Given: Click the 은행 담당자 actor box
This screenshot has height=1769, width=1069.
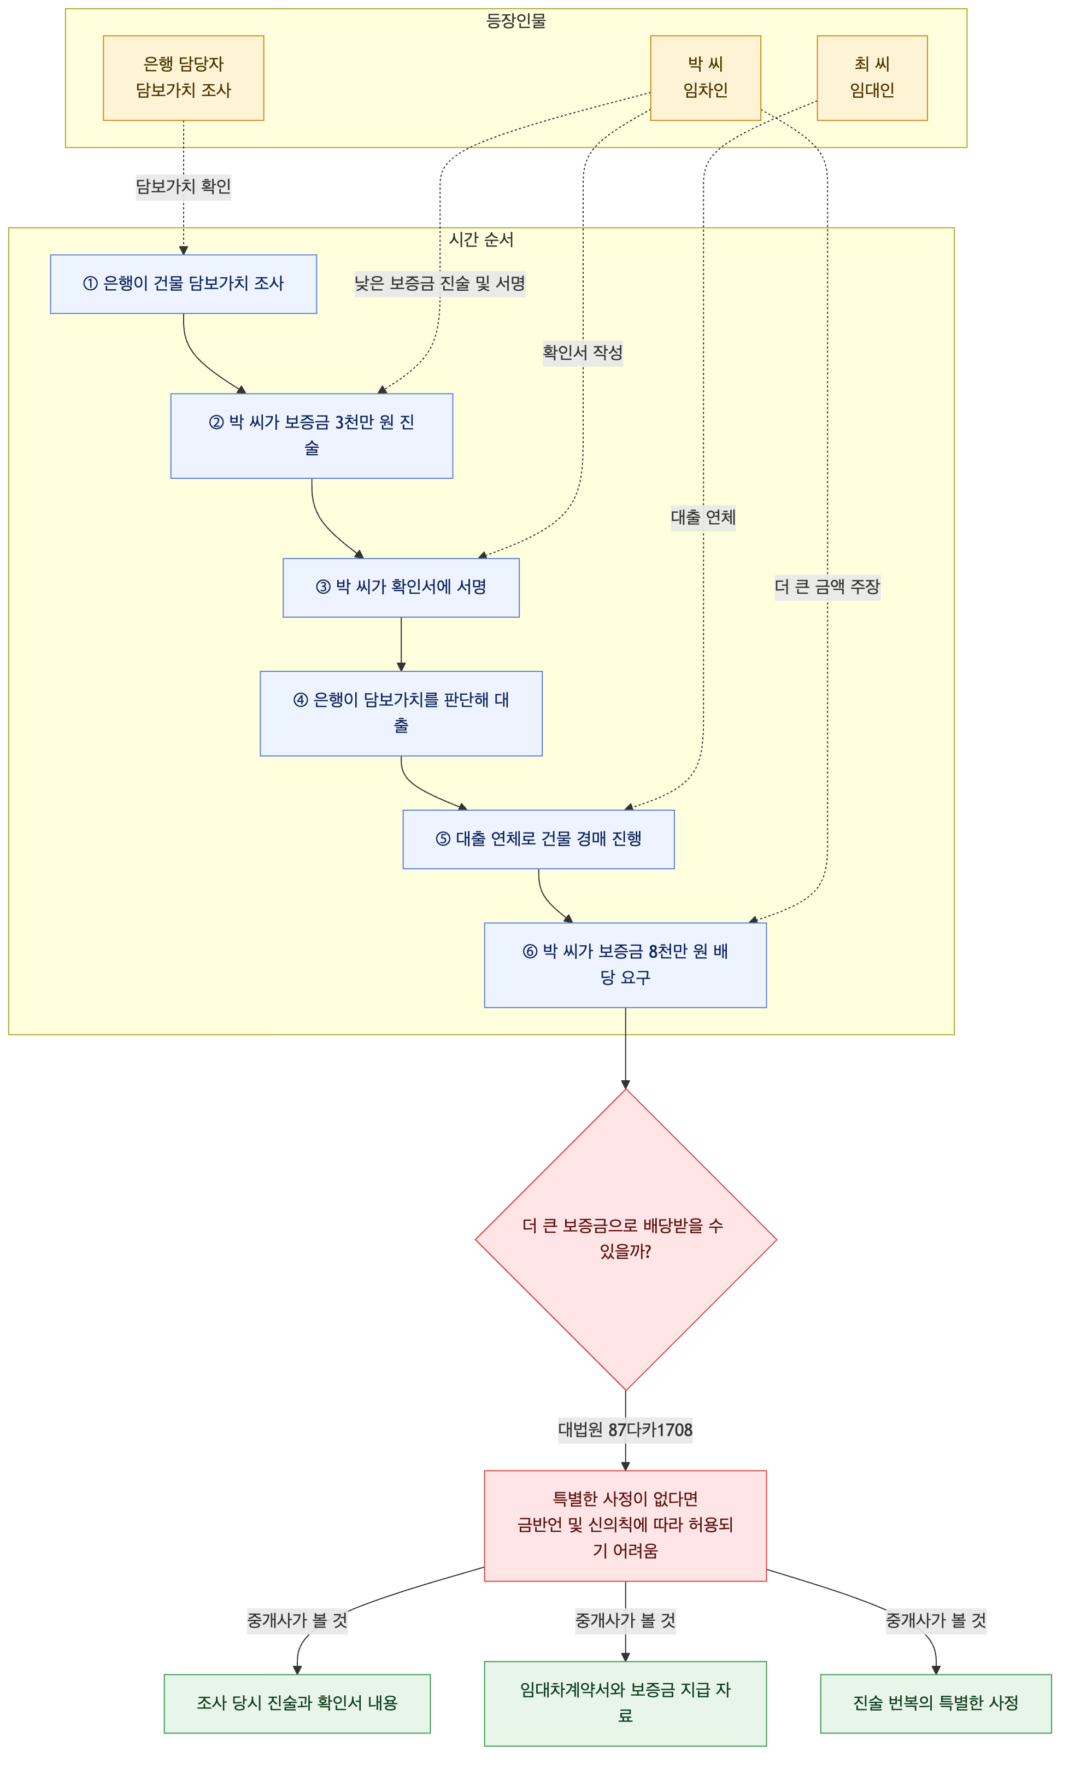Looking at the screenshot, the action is click(x=183, y=78).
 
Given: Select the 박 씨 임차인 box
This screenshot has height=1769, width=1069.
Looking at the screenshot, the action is click(x=705, y=78).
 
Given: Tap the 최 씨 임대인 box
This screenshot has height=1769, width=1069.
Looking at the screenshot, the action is click(x=872, y=78).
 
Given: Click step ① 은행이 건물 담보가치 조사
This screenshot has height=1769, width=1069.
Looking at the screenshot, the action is click(x=183, y=284).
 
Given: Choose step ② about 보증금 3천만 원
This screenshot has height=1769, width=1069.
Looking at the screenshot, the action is click(x=312, y=435).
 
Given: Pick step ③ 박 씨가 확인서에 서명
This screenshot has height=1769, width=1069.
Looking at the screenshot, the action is click(x=401, y=587).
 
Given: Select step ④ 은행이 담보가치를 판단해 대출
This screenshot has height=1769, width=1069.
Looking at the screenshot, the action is click(x=401, y=713).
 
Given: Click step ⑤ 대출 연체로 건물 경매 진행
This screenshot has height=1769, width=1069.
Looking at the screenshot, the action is click(x=538, y=839).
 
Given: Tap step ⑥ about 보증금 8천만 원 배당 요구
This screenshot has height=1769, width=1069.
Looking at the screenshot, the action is click(x=625, y=965).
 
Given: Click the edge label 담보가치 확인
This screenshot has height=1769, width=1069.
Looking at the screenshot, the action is click(x=183, y=186).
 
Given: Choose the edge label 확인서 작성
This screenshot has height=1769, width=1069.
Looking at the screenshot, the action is click(x=582, y=353).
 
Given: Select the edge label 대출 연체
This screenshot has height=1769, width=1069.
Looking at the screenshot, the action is click(x=703, y=517).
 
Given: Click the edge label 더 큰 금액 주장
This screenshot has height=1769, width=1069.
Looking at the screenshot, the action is click(x=827, y=587).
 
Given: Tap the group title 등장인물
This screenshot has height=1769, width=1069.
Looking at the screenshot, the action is click(x=516, y=21).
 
